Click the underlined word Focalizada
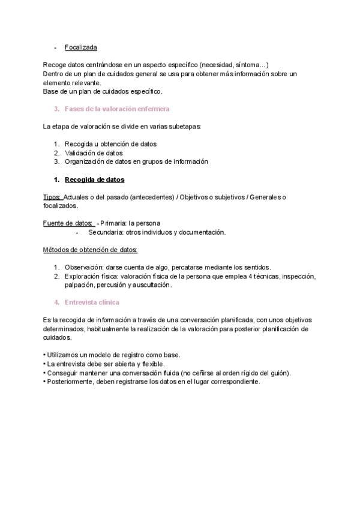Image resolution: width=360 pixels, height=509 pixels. tap(81, 47)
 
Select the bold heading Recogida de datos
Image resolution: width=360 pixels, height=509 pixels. tap(94, 179)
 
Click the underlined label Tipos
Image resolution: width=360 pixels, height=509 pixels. tap(52, 197)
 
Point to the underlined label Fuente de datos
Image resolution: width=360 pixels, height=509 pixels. tap(68, 223)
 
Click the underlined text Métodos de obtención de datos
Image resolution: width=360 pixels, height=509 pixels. tap(91, 249)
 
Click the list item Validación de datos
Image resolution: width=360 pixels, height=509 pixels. tap(94, 152)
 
